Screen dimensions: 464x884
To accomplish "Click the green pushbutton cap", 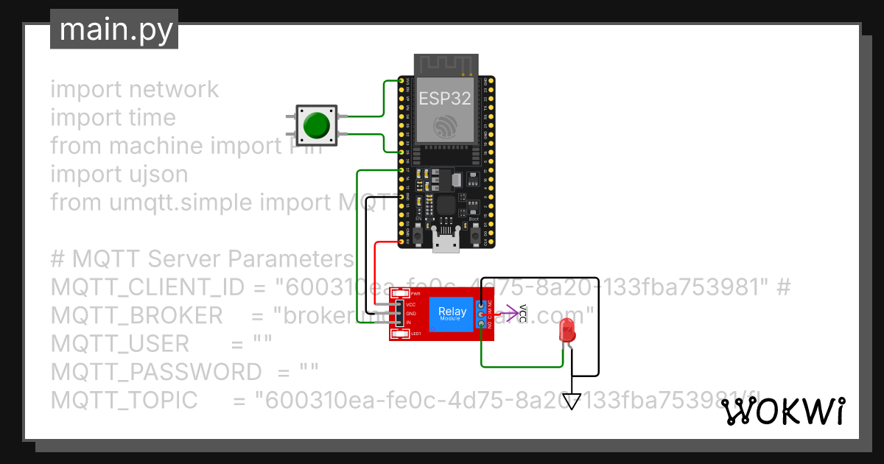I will (x=317, y=125).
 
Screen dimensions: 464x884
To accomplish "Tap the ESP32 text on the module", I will (x=445, y=99).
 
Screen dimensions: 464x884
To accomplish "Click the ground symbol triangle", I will (x=572, y=401).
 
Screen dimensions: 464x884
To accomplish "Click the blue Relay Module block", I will (x=452, y=314).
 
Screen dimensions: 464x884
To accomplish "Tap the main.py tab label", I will (x=114, y=30).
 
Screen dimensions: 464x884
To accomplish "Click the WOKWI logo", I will (x=782, y=412).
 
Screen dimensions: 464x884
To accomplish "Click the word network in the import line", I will (x=174, y=89).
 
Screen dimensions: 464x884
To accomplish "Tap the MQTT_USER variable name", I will (x=120, y=343).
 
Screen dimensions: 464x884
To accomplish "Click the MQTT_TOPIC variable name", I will (x=124, y=400).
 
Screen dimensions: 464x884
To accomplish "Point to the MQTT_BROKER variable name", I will (x=136, y=315).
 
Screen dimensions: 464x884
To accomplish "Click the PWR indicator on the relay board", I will (x=401, y=294).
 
